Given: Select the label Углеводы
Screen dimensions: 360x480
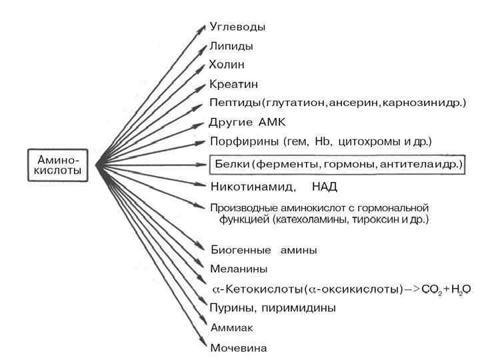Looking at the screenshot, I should pos(237,27).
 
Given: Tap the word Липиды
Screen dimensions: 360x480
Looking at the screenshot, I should pos(231,47).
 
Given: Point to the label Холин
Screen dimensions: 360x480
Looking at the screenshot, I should pos(227,65).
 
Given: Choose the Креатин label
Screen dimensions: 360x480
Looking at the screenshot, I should pos(233,85).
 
